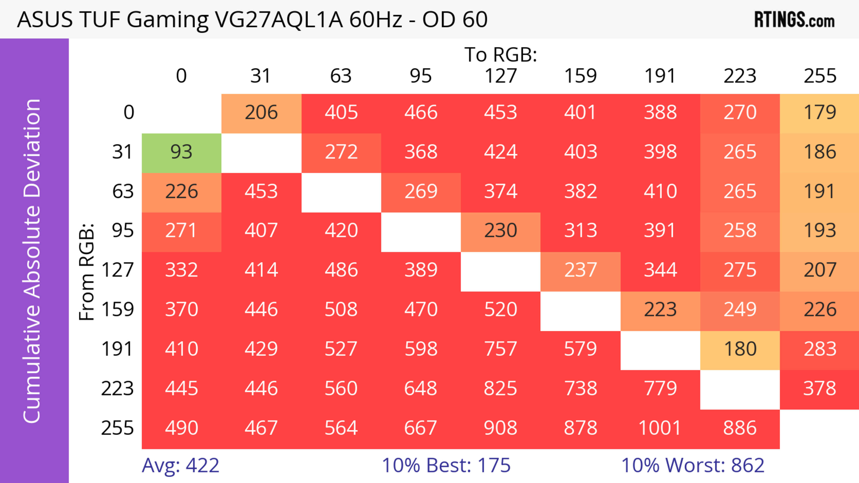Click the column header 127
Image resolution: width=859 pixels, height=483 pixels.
(x=501, y=76)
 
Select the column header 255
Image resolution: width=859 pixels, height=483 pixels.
(x=820, y=76)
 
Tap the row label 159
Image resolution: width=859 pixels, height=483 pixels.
(x=118, y=310)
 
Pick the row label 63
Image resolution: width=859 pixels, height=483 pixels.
(x=123, y=192)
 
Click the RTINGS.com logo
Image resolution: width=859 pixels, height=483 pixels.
(x=794, y=20)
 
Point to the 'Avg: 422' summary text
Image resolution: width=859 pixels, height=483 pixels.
(x=180, y=466)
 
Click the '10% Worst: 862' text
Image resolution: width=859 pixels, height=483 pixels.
(x=693, y=466)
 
